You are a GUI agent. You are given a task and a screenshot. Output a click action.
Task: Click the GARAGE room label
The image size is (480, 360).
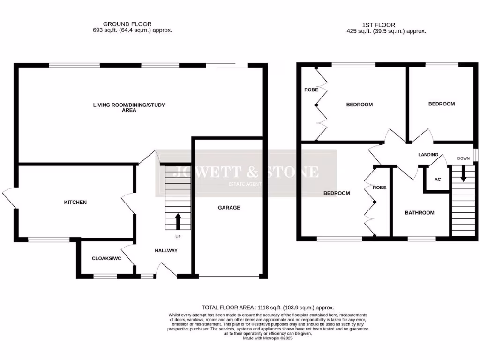click(229, 207)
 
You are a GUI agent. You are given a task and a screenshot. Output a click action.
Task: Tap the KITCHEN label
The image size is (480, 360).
click(75, 202)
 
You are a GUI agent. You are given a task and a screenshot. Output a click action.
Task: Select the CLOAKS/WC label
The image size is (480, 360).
click(106, 258)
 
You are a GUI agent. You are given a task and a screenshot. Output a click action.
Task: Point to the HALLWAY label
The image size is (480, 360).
click(166, 251)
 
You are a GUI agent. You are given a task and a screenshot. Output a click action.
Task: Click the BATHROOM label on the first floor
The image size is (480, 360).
click(420, 213)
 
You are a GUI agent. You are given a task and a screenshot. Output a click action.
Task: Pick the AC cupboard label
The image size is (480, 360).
click(438, 180)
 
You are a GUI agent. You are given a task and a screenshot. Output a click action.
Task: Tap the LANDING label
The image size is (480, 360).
click(428, 155)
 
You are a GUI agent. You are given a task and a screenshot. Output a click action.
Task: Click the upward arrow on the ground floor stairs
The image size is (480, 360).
click(178, 220)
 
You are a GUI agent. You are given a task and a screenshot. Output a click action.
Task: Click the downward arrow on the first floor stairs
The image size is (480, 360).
click(464, 174)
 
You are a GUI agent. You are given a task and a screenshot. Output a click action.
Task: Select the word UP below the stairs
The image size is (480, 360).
click(178, 237)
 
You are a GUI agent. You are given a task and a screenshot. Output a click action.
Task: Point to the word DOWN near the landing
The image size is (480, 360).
click(463, 158)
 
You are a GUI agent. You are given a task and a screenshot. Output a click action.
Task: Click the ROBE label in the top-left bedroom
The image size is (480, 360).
click(311, 90)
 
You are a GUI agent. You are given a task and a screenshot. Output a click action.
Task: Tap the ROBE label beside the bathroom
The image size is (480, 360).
click(379, 187)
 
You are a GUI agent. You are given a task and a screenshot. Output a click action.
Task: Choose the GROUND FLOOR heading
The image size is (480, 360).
click(127, 24)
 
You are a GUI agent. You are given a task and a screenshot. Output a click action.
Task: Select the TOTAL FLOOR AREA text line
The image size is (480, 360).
click(267, 307)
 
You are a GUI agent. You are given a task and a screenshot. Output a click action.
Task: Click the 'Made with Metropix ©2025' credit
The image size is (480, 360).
click(267, 337)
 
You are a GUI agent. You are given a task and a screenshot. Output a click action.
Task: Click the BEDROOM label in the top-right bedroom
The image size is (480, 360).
click(441, 104)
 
